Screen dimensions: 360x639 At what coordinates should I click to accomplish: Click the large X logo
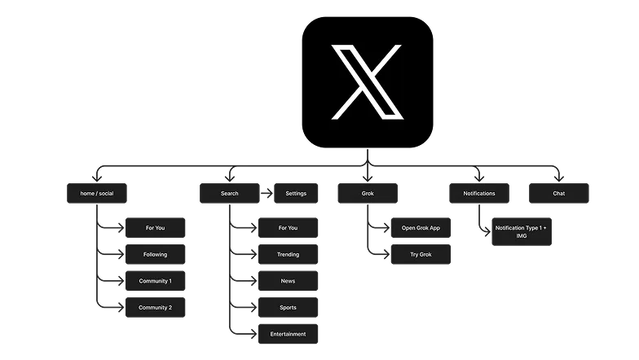pyautogui.click(x=367, y=82)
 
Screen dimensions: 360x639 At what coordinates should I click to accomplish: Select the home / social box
pyautogui.click(x=96, y=194)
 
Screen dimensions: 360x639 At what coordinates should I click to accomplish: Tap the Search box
pyautogui.click(x=230, y=194)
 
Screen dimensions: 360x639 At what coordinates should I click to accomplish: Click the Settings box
pyautogui.click(x=296, y=194)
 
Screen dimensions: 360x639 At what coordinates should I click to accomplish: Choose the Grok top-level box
pyautogui.click(x=368, y=194)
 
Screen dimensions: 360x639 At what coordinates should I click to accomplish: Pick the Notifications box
pyautogui.click(x=479, y=194)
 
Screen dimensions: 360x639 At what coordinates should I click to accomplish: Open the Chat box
pyautogui.click(x=558, y=194)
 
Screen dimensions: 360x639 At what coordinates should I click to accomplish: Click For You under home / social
pyautogui.click(x=155, y=228)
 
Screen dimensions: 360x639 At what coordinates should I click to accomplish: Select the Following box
pyautogui.click(x=155, y=254)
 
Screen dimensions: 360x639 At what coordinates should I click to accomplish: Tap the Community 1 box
pyautogui.click(x=155, y=281)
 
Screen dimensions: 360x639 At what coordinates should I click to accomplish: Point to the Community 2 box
pyautogui.click(x=155, y=308)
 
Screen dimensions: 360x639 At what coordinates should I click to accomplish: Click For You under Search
pyautogui.click(x=288, y=228)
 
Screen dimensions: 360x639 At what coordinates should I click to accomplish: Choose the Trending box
pyautogui.click(x=288, y=254)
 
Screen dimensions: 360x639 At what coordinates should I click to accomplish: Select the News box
pyautogui.click(x=288, y=281)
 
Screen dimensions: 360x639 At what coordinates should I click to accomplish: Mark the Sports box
pyautogui.click(x=288, y=308)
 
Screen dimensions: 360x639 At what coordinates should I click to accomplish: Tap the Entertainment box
pyautogui.click(x=288, y=334)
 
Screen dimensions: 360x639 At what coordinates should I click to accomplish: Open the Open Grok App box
pyautogui.click(x=421, y=228)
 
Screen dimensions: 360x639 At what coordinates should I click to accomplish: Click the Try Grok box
pyautogui.click(x=421, y=255)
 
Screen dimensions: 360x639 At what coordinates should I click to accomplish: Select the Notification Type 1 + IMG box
pyautogui.click(x=521, y=231)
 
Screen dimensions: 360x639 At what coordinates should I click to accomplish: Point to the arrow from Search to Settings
pyautogui.click(x=266, y=194)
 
